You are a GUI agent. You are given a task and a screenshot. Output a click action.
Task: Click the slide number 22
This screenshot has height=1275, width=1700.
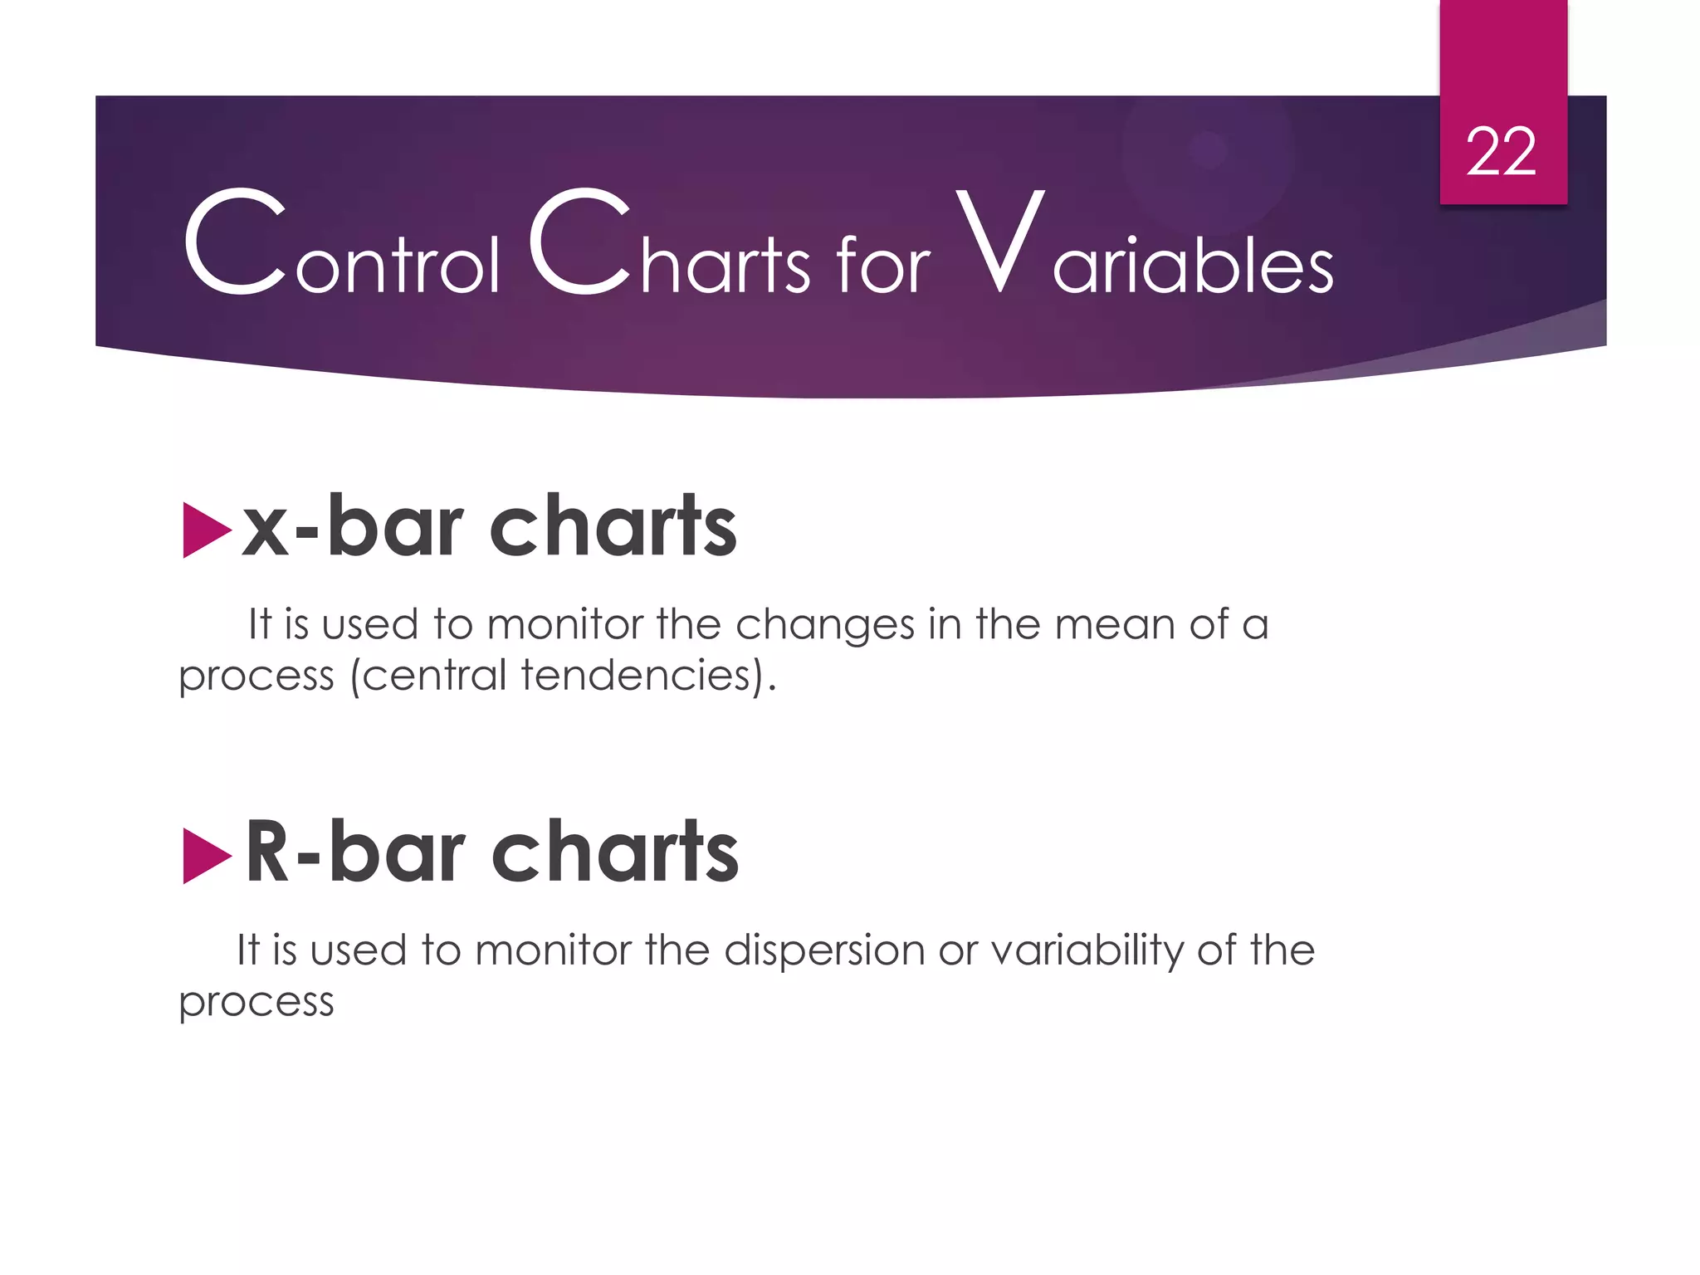point(1501,153)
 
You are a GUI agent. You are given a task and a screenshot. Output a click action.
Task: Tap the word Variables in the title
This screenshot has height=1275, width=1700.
point(1144,246)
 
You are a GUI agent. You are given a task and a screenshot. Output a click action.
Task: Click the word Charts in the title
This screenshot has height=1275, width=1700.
point(669,246)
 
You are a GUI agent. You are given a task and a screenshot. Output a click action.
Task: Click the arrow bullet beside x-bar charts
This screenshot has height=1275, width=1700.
point(205,530)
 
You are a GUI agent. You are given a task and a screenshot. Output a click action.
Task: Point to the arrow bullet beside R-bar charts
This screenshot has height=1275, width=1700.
point(205,856)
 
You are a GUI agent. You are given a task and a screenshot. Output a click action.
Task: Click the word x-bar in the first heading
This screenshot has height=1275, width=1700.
point(351,526)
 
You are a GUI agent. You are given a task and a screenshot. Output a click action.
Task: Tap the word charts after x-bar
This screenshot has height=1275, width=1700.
point(613,526)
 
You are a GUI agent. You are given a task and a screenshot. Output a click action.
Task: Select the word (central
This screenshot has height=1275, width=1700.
point(427,675)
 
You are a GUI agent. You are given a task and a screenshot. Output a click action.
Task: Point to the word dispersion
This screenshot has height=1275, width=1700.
point(823,951)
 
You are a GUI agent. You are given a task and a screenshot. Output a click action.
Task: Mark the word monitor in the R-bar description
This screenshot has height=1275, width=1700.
point(553,950)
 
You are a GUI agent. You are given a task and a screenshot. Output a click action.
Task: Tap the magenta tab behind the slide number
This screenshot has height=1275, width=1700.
point(1502,50)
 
